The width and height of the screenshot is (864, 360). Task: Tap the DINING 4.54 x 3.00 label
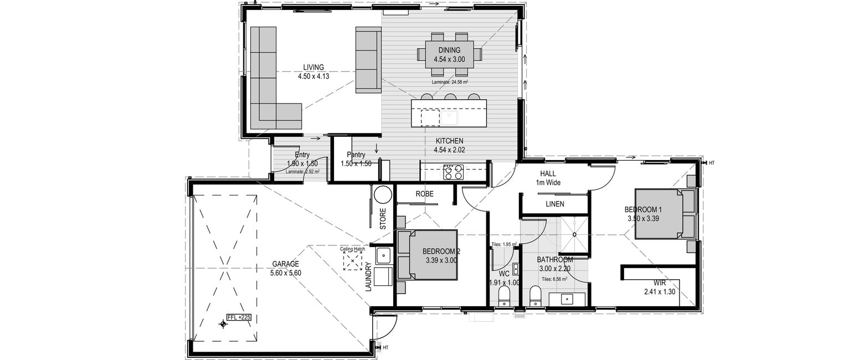pos(449,55)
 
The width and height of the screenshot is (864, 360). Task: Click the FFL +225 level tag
pos(239,317)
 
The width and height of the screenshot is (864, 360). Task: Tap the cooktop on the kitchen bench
pos(453,172)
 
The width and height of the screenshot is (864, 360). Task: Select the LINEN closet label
pos(555,204)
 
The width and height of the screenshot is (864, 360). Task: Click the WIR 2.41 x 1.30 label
pos(660,287)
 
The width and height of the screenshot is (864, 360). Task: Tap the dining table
pos(449,54)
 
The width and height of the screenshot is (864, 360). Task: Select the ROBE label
pos(424,194)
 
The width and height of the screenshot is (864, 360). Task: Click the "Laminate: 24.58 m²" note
pos(450,82)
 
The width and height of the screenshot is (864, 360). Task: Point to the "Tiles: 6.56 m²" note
pos(554,279)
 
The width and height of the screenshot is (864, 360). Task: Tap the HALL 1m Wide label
pos(548,178)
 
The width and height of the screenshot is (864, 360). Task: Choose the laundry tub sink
pos(383,255)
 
